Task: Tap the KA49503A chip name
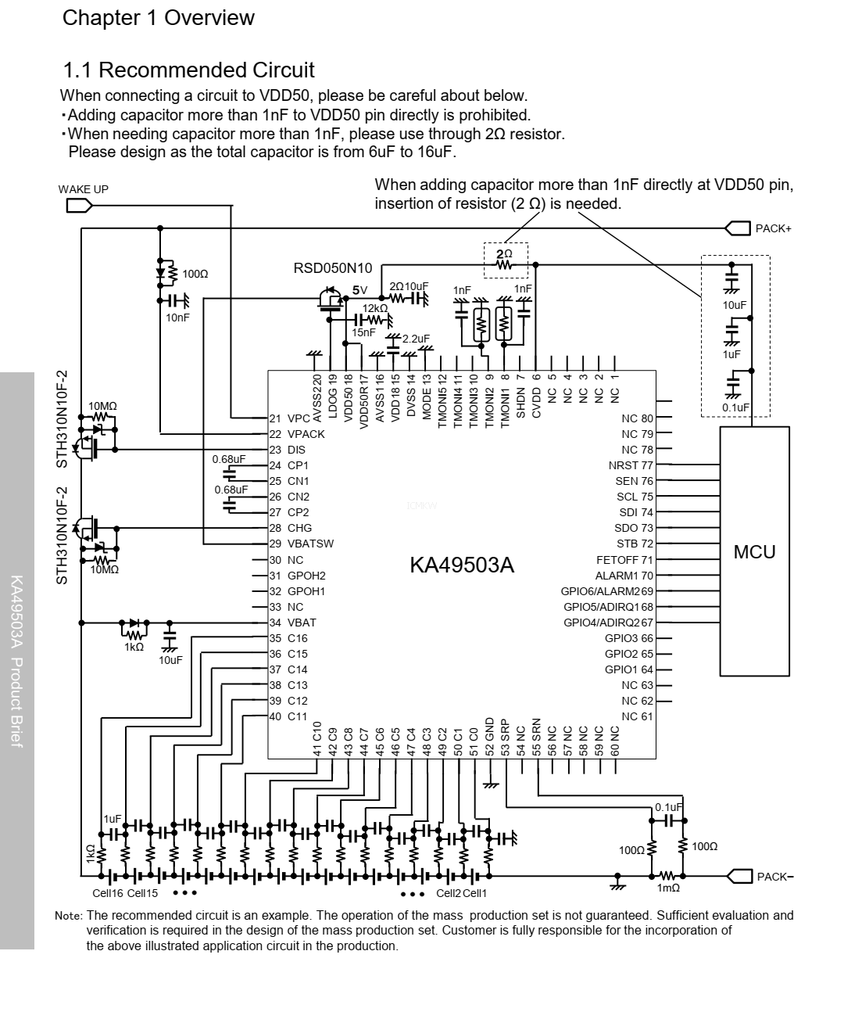tap(462, 565)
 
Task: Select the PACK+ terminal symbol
tap(738, 228)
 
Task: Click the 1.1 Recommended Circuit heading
tap(188, 70)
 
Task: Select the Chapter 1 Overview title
tap(158, 18)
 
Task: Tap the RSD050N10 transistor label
tap(333, 268)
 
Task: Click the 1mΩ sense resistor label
tap(668, 888)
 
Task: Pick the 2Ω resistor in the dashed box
tap(505, 265)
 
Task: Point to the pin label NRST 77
tap(631, 465)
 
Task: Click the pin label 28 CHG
tap(290, 528)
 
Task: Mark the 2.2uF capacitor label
tap(416, 339)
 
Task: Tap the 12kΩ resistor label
tap(374, 308)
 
